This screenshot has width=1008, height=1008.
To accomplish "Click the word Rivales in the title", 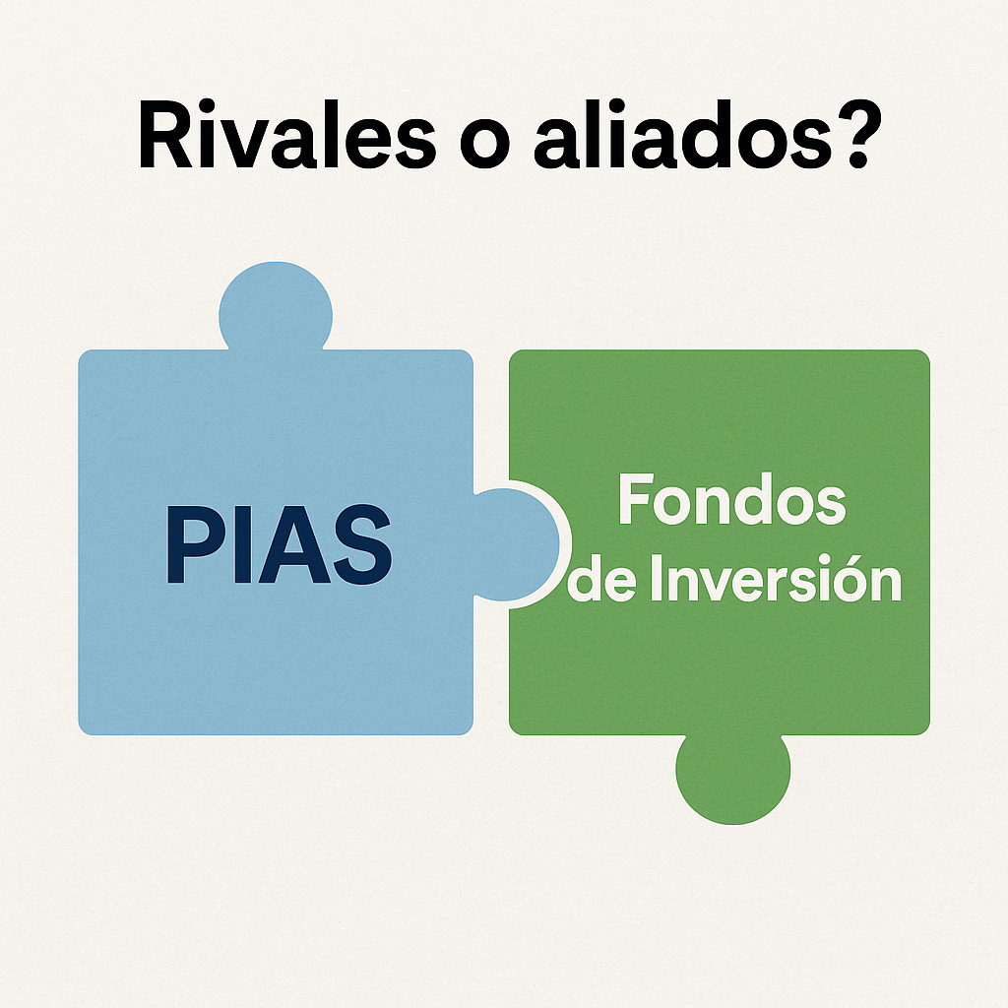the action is point(286,134).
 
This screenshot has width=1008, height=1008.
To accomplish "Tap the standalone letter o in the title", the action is point(485,144).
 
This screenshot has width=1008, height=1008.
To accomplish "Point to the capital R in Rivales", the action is point(165,135).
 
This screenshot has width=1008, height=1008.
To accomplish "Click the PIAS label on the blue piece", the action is point(279,544).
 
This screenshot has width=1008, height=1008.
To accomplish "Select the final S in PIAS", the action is point(362,544).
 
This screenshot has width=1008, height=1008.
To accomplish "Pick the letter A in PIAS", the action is point(294,544).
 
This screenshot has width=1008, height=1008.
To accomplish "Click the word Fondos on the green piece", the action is point(732,499).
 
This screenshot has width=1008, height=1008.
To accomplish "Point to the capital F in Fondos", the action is point(637,499).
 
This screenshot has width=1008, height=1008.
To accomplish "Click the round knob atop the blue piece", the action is point(276,307).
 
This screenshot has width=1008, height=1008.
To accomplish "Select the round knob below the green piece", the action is point(732,779).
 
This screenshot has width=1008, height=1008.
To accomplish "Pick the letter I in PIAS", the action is point(243,544).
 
